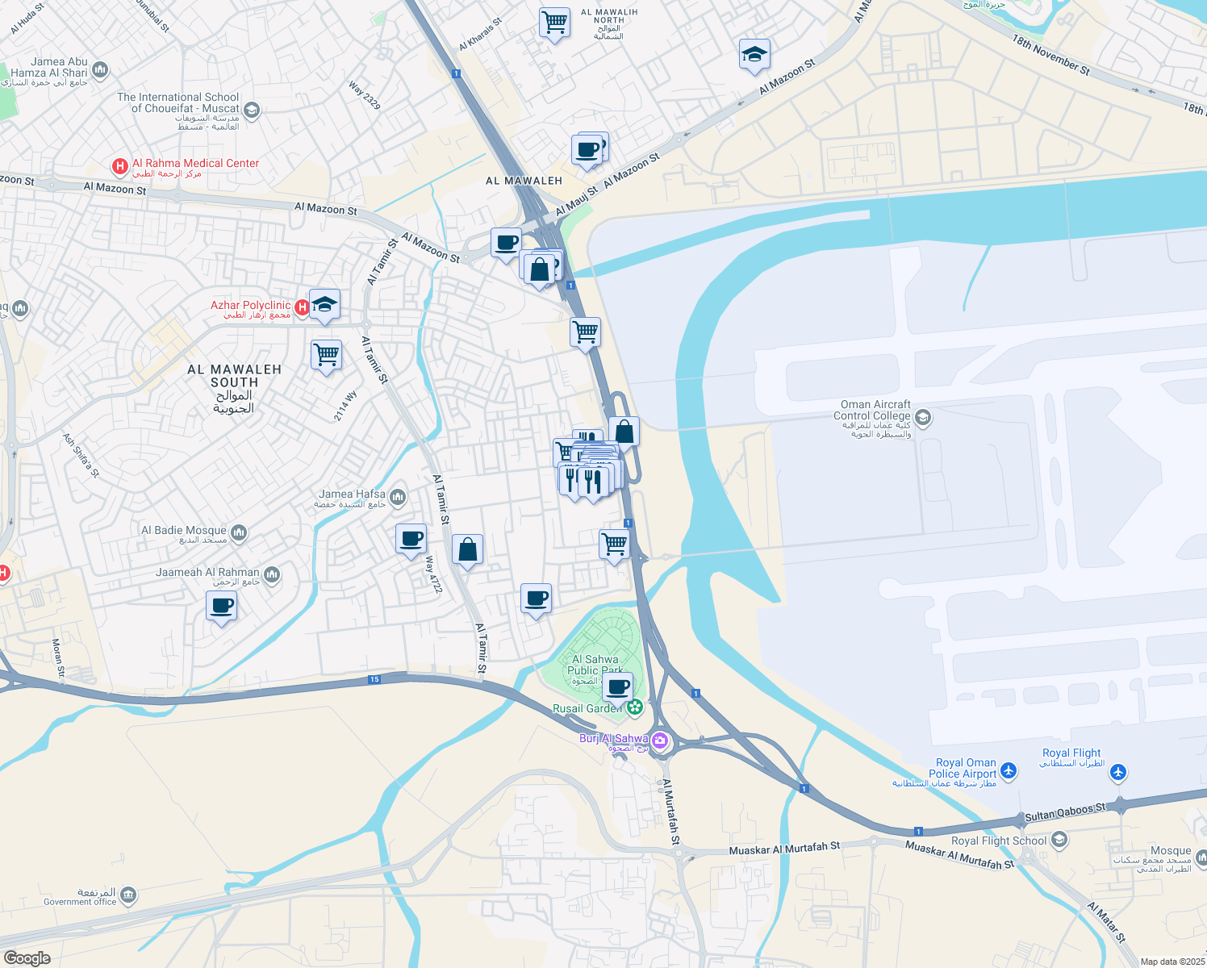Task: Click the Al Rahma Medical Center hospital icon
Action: click(120, 167)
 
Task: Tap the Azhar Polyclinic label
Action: click(250, 306)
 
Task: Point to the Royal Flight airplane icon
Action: click(1117, 773)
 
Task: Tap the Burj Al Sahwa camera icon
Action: click(660, 740)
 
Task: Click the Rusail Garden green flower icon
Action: click(635, 707)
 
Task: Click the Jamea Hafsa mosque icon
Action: click(397, 498)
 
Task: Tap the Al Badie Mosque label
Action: click(184, 531)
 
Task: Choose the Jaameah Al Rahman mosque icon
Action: click(272, 574)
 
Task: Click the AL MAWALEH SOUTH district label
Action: click(234, 376)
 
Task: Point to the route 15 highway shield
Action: click(374, 680)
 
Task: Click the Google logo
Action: click(27, 958)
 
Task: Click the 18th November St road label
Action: click(1050, 55)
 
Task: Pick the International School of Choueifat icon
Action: click(252, 110)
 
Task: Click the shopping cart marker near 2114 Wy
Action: click(327, 355)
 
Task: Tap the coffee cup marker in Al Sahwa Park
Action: click(618, 687)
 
